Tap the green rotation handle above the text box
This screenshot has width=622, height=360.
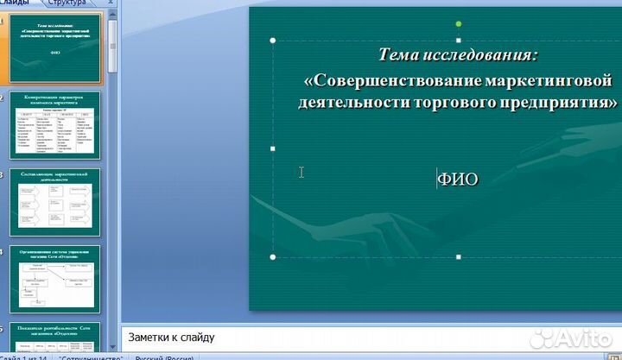tap(458, 24)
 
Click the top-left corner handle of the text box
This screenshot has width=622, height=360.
tap(274, 41)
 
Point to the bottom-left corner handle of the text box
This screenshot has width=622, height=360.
tap(274, 256)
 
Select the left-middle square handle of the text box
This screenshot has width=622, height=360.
tap(274, 148)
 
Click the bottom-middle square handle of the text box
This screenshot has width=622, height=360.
tap(458, 256)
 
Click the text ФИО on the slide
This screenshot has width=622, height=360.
tap(458, 180)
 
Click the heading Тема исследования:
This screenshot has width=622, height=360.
tap(458, 55)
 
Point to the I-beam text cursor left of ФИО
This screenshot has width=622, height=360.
tap(301, 172)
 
